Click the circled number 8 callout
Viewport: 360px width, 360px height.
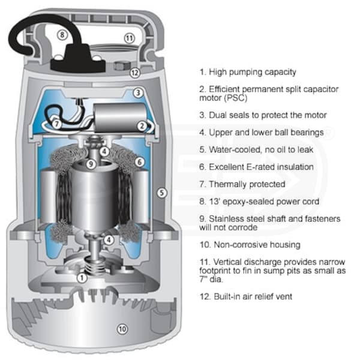click(x=62, y=35)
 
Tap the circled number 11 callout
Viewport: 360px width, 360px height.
click(x=130, y=38)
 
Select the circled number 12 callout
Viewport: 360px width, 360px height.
click(x=135, y=73)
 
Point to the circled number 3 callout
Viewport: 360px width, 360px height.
click(x=138, y=93)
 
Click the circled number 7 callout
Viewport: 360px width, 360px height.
click(x=56, y=124)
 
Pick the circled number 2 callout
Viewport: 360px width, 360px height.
click(x=142, y=126)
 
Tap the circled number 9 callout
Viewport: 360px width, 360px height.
click(x=91, y=164)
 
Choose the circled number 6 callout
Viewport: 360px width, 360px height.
click(x=139, y=162)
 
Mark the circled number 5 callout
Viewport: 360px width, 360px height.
click(x=162, y=193)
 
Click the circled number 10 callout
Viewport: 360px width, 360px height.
click(x=122, y=329)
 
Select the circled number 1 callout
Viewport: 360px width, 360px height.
click(x=82, y=278)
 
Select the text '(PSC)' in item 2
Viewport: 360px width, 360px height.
click(x=236, y=98)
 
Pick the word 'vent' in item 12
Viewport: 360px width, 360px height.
click(x=284, y=296)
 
